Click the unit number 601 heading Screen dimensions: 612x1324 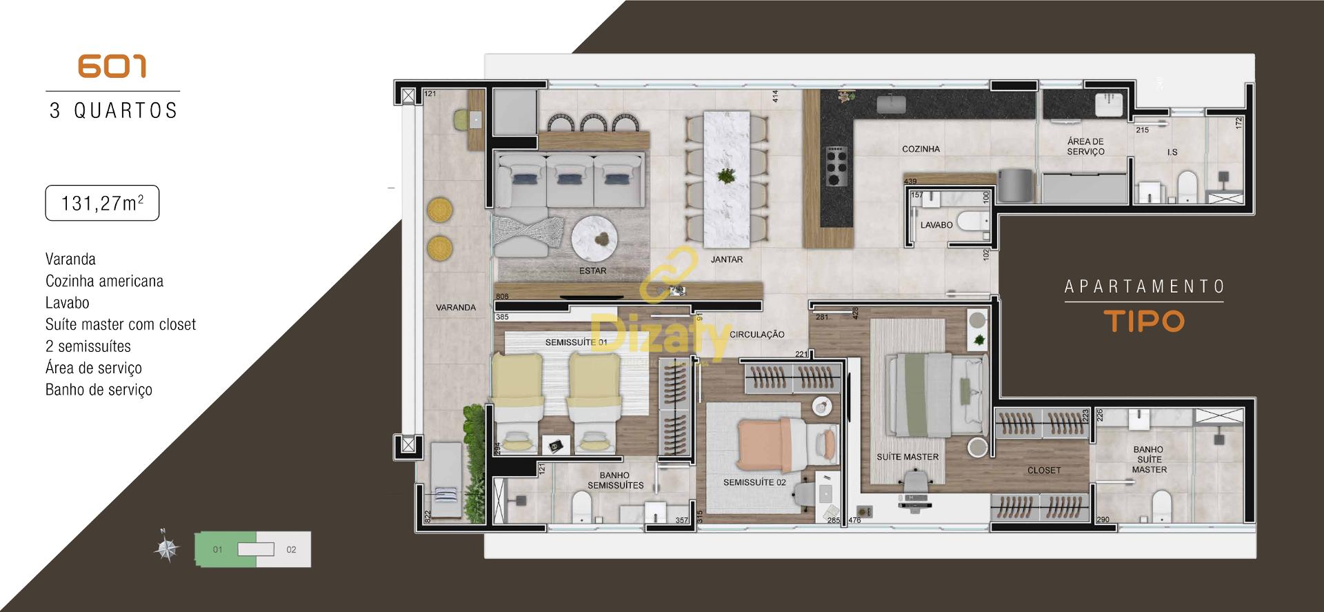click(x=112, y=66)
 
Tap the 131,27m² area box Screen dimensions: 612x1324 click(x=102, y=204)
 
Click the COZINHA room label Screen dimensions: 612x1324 click(x=921, y=149)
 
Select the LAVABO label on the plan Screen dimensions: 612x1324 click(x=936, y=225)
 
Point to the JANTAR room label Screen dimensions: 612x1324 click(x=727, y=259)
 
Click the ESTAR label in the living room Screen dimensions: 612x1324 click(x=592, y=270)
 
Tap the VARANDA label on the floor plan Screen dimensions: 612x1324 click(x=455, y=307)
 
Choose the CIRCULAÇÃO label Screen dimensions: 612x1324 click(x=757, y=335)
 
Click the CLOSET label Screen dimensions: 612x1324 click(x=1044, y=471)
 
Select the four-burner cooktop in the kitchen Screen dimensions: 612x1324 click(x=836, y=166)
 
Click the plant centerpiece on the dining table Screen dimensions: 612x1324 click(x=725, y=176)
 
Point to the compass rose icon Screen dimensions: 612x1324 click(x=165, y=549)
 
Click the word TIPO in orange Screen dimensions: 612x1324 click(x=1144, y=322)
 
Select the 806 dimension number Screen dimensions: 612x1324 click(x=502, y=297)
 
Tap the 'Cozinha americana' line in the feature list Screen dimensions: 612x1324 click(x=104, y=281)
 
